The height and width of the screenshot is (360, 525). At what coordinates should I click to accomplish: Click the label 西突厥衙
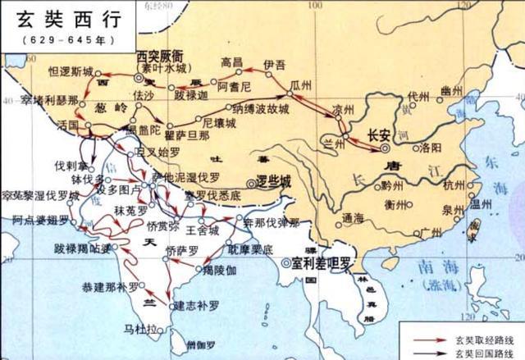(164, 56)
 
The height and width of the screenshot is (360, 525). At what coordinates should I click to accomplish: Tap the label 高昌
(233, 62)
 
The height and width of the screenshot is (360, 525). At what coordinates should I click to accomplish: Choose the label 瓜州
(302, 85)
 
